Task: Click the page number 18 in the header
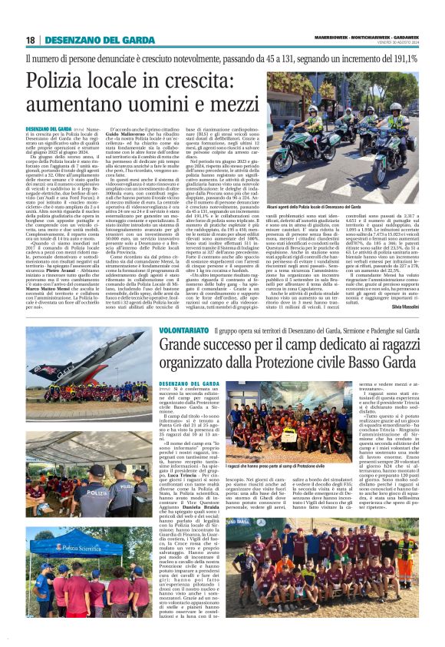coord(30,40)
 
